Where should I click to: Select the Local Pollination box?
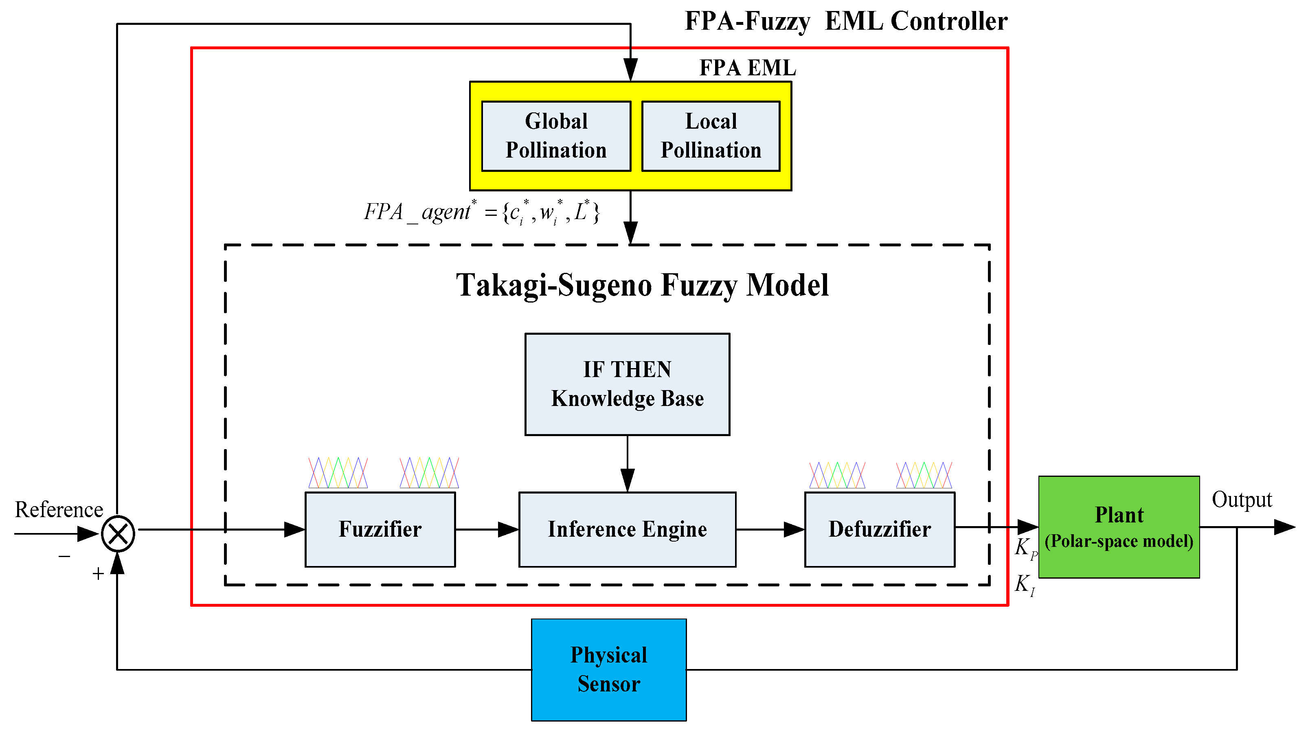(x=711, y=136)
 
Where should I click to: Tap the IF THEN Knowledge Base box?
(x=627, y=384)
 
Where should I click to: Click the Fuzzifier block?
(x=380, y=529)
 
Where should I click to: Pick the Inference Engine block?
(x=627, y=529)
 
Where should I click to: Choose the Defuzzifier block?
(x=880, y=529)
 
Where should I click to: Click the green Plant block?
(x=1119, y=527)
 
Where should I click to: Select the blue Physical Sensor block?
(x=609, y=669)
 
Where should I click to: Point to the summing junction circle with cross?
(x=118, y=533)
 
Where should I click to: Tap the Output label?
(x=1242, y=500)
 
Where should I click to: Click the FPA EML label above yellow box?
(x=747, y=68)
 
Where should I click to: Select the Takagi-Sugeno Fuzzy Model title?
(x=642, y=285)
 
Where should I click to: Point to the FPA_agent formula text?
(x=482, y=212)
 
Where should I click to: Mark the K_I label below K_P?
(x=1025, y=585)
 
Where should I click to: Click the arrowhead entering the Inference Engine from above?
(x=628, y=480)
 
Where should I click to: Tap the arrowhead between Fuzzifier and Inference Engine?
(x=508, y=529)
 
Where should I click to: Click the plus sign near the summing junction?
(x=98, y=574)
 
